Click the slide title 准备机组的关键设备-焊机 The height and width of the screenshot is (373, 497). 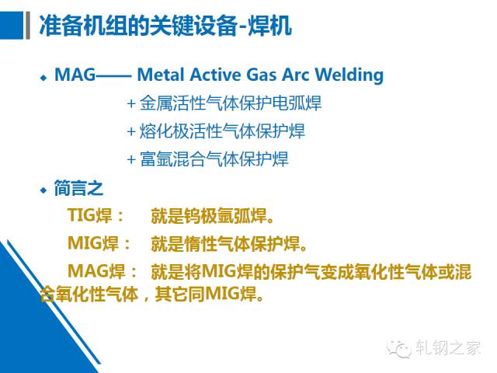[x=165, y=26]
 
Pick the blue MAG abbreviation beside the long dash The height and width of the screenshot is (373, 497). [x=75, y=75]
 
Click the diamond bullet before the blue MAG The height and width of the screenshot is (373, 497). [x=43, y=78]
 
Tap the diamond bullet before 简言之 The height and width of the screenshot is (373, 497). [x=43, y=190]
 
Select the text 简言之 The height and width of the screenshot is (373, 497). [x=78, y=188]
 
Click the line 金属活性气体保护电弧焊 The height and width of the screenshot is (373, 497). [x=231, y=103]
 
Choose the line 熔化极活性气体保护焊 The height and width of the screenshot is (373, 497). [x=222, y=131]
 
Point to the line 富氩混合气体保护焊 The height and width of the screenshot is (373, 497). [x=214, y=159]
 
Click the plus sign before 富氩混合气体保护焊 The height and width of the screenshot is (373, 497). [x=131, y=159]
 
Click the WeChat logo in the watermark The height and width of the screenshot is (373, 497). [x=398, y=349]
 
